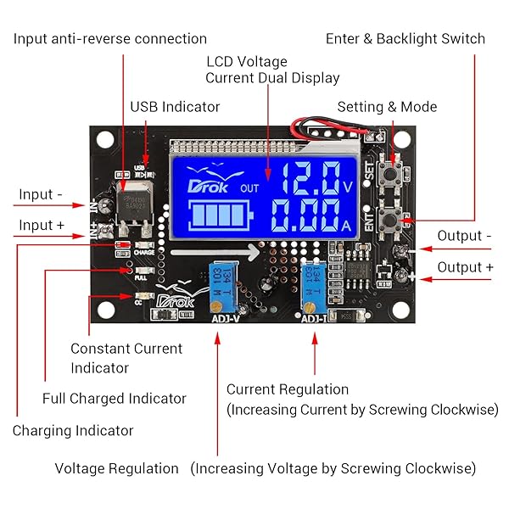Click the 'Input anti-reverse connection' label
point(109,39)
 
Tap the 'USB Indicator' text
point(175,107)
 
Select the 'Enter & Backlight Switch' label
point(406,39)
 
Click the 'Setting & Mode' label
point(387,107)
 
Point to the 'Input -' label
point(41,194)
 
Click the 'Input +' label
point(42,225)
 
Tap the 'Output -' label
point(465,236)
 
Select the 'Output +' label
point(465,267)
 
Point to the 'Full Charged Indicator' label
point(115,398)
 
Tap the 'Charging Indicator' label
point(73,430)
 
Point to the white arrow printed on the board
point(213,252)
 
